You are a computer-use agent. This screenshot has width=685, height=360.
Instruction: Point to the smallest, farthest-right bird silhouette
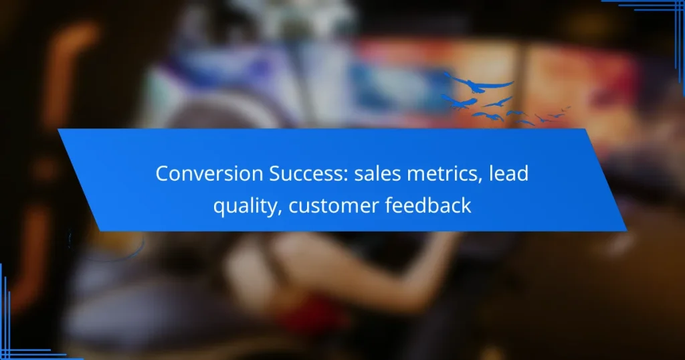point(567,108)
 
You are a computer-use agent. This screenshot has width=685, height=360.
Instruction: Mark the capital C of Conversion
point(163,173)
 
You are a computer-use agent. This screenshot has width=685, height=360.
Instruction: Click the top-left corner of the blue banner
point(59,129)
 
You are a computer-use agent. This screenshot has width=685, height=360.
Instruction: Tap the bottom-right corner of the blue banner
point(626,230)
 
